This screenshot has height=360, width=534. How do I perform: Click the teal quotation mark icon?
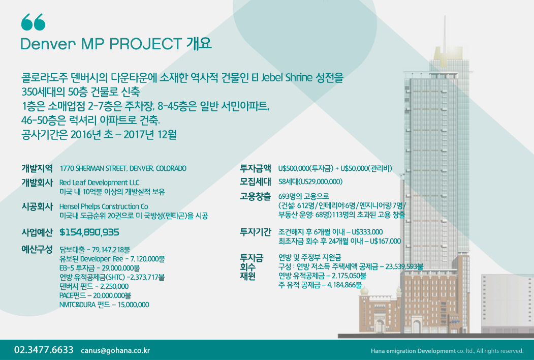click(x=33, y=22)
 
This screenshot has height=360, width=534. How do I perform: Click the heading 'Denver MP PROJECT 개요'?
click(x=116, y=44)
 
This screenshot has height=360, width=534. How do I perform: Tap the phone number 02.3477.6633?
click(x=44, y=350)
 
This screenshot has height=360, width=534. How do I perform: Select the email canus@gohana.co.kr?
click(x=115, y=350)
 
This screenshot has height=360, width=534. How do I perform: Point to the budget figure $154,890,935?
click(x=89, y=232)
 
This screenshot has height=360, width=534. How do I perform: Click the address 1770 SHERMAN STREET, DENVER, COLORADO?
click(x=123, y=168)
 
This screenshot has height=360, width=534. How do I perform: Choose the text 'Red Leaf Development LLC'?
click(x=100, y=183)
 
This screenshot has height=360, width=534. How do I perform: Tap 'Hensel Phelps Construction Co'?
click(x=104, y=206)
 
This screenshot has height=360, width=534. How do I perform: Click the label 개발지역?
click(x=37, y=168)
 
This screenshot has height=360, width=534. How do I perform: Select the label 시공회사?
click(x=37, y=206)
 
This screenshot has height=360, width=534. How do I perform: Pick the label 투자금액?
click(x=256, y=168)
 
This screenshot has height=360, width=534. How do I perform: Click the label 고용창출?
click(x=256, y=196)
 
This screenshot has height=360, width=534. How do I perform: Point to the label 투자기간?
click(x=256, y=232)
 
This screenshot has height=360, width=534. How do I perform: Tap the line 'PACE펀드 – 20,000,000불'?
click(x=96, y=295)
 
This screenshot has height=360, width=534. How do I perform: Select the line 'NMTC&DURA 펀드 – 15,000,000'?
click(x=104, y=305)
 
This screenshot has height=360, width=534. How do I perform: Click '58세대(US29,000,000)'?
click(x=310, y=182)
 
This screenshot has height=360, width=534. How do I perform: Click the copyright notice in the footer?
click(x=447, y=351)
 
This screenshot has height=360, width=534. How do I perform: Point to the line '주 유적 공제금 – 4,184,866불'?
click(x=320, y=285)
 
